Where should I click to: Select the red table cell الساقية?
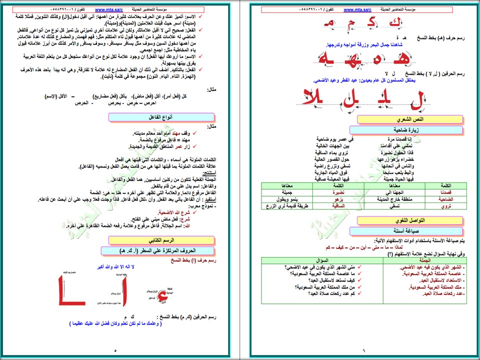click(347, 205)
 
